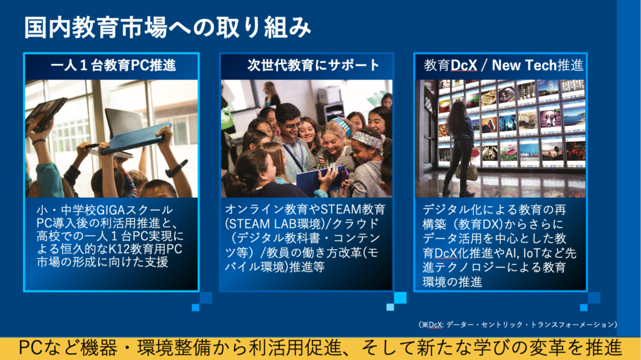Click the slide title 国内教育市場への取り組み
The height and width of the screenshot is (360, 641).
click(x=167, y=28)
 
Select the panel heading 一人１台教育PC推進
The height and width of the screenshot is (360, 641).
click(x=113, y=65)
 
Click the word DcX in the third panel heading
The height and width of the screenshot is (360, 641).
click(x=464, y=65)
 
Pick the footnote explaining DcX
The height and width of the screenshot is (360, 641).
click(x=518, y=324)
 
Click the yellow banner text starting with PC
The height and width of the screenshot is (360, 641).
click(x=320, y=348)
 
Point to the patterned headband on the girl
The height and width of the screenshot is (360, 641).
click(x=367, y=140)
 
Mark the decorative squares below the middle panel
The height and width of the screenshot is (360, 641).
click(x=396, y=301)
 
